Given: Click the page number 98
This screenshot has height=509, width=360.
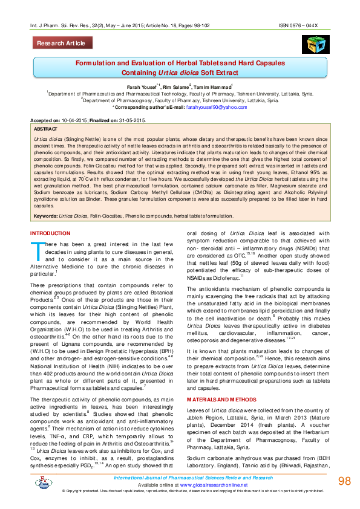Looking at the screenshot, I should (344, 481).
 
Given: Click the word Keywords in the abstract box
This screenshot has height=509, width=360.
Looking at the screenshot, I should (45, 216).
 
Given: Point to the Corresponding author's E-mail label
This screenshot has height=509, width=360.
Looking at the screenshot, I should (149, 106).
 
